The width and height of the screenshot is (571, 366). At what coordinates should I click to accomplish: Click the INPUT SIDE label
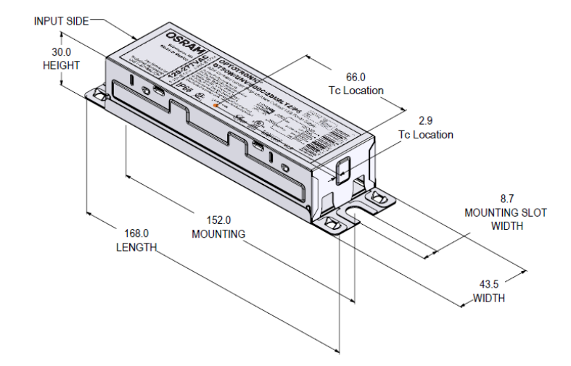tap(60, 20)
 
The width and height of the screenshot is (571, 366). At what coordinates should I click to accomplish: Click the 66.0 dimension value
tap(353, 77)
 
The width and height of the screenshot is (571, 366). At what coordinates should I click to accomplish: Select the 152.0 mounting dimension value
tap(218, 220)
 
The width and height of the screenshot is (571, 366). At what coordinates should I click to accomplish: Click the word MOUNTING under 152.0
tap(218, 234)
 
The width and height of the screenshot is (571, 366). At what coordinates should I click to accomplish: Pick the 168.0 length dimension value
tap(136, 233)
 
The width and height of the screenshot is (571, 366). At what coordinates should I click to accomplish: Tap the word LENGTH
tap(136, 247)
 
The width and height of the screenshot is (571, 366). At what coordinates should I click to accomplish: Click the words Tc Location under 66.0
tap(353, 90)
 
